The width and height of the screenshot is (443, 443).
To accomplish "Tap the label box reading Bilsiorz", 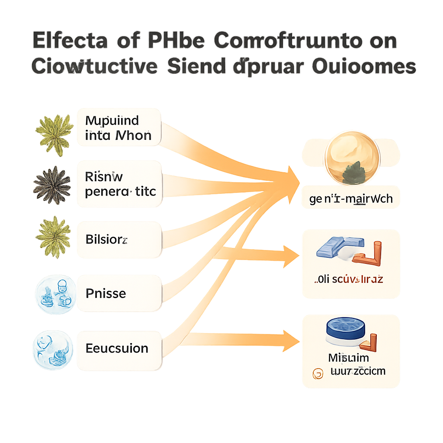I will point(119,240).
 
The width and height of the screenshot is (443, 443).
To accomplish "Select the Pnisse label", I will point(119,293).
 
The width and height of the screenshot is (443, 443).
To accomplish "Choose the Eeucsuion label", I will point(119,348).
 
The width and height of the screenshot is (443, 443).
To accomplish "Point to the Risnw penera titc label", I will point(119,184).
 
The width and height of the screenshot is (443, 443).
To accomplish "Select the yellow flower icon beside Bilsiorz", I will point(52,237).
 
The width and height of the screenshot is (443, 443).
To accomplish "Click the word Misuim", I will point(348,357).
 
